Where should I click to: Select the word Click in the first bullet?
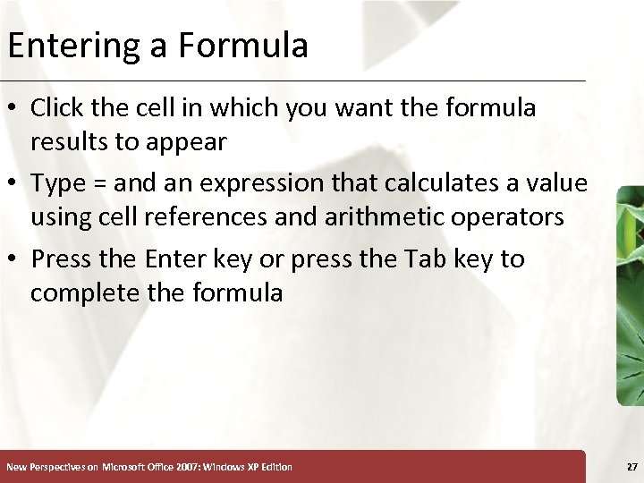(55, 108)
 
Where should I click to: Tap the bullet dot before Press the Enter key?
(13, 259)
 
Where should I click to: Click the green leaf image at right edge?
(630, 295)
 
